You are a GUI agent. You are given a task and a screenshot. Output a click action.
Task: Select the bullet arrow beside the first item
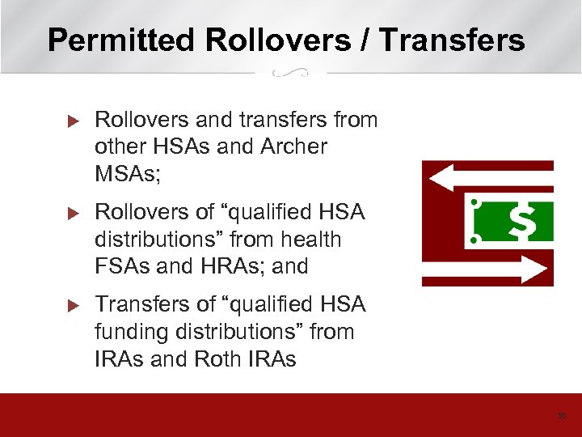click(x=70, y=121)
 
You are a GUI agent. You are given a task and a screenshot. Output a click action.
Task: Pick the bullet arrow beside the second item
click(x=70, y=213)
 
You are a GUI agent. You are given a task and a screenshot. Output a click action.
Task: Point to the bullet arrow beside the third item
click(x=70, y=305)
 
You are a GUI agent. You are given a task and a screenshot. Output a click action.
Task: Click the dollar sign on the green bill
click(x=523, y=221)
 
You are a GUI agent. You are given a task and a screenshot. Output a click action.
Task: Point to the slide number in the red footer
click(x=562, y=416)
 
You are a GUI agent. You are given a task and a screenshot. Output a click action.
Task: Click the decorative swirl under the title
click(x=290, y=73)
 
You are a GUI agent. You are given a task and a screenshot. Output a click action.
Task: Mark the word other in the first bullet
click(x=119, y=147)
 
